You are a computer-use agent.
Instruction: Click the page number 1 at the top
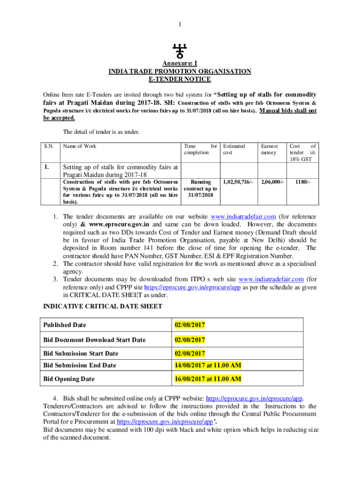(180, 24)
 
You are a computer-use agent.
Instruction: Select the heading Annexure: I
(180, 64)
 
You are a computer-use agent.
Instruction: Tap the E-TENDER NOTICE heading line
(180, 79)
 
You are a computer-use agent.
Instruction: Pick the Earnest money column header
(269, 149)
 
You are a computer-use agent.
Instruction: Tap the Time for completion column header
(201, 149)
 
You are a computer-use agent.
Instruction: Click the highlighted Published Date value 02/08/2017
(190, 325)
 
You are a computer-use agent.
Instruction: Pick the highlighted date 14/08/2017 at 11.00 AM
(208, 365)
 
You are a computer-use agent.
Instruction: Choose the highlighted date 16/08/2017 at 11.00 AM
(208, 378)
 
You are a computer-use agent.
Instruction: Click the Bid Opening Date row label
(69, 379)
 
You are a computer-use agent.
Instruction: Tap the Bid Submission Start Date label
(80, 353)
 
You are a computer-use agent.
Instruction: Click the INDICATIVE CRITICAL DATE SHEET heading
(103, 306)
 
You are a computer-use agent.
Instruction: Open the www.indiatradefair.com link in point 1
(244, 217)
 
